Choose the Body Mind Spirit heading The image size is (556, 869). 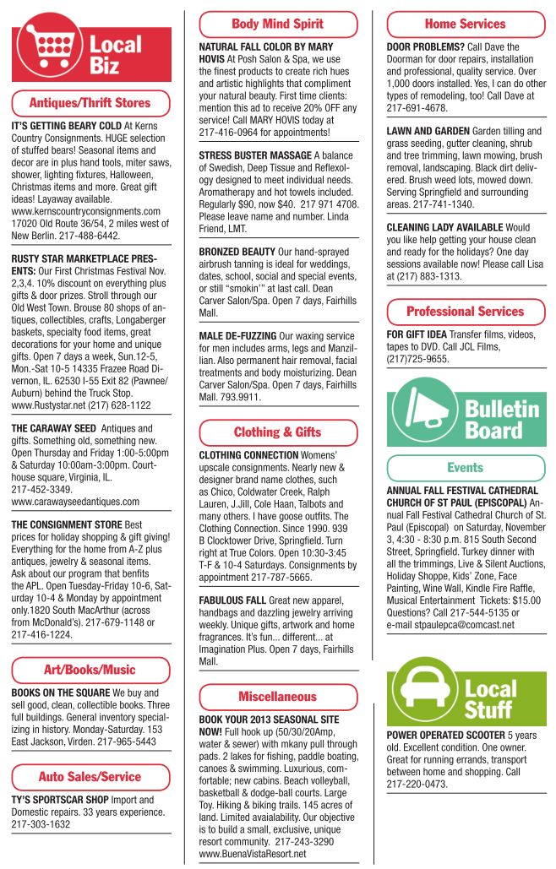[277, 24]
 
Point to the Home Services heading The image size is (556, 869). [465, 24]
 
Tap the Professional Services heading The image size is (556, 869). [465, 311]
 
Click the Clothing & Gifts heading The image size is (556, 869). [277, 432]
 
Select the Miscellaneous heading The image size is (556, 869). [277, 697]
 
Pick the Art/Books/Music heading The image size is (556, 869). [90, 670]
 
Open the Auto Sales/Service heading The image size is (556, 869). [90, 776]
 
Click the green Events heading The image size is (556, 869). [465, 467]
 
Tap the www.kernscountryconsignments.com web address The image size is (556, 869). [86, 211]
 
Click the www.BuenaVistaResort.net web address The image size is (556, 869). [252, 854]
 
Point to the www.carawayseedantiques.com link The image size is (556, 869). [76, 502]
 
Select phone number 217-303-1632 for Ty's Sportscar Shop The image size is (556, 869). [41, 824]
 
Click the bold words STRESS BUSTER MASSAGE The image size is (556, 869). [254, 156]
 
